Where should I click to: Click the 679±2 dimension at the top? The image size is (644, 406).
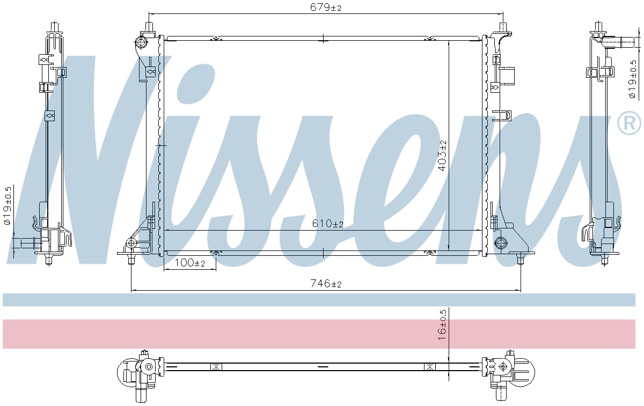[326, 7]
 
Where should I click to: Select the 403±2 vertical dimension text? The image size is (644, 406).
[442, 156]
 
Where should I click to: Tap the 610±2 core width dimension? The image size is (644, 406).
[327, 224]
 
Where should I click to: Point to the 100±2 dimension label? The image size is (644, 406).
[191, 263]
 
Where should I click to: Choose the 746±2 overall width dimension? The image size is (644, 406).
[326, 284]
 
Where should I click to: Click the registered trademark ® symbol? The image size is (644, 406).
[629, 123]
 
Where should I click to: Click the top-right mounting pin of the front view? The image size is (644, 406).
[503, 27]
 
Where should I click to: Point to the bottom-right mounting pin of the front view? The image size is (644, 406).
[519, 260]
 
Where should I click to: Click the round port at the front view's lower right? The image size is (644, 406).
[501, 242]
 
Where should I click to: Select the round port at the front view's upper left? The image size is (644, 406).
[142, 42]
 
